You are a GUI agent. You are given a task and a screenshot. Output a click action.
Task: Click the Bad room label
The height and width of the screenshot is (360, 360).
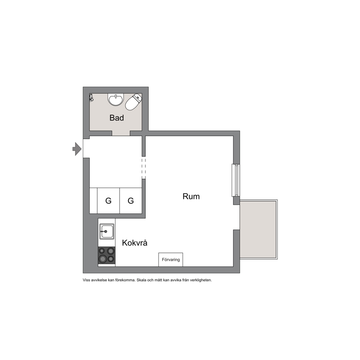point(116,118)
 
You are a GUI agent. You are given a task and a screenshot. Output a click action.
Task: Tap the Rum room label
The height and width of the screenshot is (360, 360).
point(191,197)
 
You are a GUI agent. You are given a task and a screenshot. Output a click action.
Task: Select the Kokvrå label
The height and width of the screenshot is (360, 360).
point(135,243)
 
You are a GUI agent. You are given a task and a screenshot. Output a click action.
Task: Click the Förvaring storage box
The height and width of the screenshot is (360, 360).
point(171,260)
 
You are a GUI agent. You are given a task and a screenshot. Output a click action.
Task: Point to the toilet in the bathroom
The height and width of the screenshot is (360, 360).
point(134,102)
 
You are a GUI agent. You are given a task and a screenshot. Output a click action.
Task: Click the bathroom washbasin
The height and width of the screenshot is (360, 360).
point(116,99)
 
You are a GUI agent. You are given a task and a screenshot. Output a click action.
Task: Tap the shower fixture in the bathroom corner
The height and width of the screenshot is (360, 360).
point(91,98)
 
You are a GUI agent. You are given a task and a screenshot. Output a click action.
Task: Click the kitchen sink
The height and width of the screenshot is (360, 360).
point(107,232)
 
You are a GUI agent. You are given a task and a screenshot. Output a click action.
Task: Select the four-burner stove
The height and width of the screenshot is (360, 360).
point(107,255)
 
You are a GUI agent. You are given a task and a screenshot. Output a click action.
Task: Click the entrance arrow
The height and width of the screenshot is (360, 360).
point(77,149)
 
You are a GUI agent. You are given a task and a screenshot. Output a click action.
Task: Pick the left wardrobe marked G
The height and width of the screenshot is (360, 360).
point(109,201)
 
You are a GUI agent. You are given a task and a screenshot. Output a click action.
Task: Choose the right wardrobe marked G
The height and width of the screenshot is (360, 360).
point(131,201)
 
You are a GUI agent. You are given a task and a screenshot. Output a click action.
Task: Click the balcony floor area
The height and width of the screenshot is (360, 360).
point(258,230)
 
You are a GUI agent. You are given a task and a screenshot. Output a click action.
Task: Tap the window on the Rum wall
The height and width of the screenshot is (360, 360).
point(236,180)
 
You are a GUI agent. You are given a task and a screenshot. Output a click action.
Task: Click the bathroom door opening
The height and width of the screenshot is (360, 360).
point(121,134)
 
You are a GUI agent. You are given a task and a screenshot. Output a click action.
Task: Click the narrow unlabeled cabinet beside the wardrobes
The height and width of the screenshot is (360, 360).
point(93,201)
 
